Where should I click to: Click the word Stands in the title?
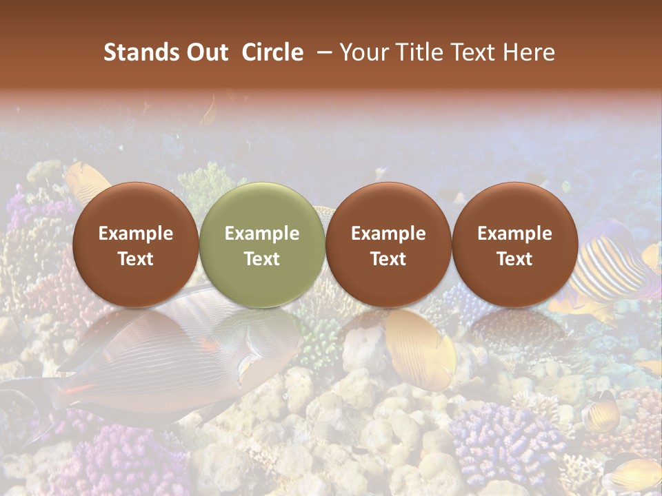(142, 52)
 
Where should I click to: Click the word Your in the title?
(363, 52)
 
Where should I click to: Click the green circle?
(262, 245)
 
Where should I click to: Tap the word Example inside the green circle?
(262, 234)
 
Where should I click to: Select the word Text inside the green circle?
(262, 259)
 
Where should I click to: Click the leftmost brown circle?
(136, 245)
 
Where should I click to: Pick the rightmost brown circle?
(515, 245)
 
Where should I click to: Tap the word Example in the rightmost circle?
(515, 234)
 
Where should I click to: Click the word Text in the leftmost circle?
(136, 259)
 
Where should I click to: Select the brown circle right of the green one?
(388, 245)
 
